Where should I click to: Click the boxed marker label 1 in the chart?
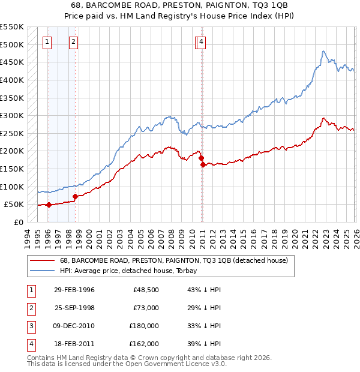click(47, 42)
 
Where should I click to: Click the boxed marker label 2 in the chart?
click(73, 42)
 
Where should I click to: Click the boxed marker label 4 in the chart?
click(202, 42)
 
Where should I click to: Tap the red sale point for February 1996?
click(49, 205)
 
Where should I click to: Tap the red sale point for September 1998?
click(75, 196)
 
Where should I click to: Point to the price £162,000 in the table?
click(144, 344)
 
